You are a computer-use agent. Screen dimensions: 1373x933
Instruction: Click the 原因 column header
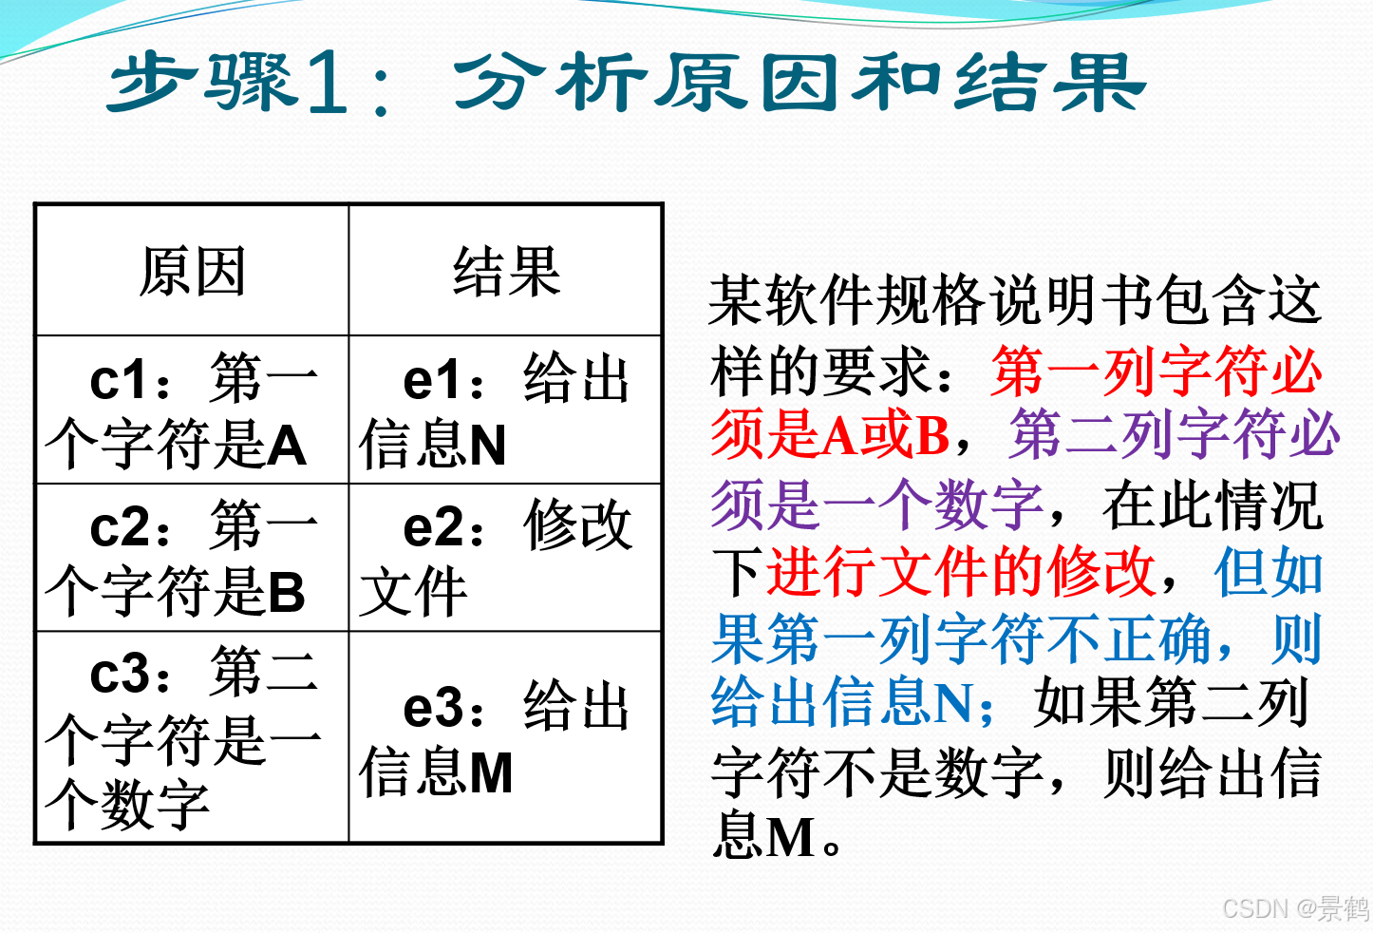coord(193,272)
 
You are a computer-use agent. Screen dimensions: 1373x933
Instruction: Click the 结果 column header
coord(506,272)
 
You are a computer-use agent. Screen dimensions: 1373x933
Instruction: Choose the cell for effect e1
coord(506,410)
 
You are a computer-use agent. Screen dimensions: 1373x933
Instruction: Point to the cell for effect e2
coord(506,558)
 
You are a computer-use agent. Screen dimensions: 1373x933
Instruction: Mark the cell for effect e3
coord(506,737)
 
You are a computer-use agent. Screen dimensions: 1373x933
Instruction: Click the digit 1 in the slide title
coord(329,84)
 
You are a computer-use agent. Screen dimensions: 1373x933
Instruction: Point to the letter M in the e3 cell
coord(491,772)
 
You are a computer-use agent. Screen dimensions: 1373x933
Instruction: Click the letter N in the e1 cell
coord(487,446)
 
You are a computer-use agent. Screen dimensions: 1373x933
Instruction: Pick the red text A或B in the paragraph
coord(886,436)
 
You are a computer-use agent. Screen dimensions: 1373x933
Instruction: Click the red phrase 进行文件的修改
coord(961,572)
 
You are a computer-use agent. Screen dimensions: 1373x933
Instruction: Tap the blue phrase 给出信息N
coord(852,703)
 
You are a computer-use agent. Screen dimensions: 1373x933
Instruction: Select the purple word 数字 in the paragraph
coord(989,504)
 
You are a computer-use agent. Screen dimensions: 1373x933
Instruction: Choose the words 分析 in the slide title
coord(551,84)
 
